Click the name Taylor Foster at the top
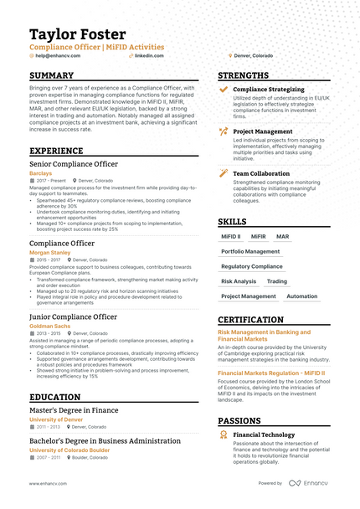(78, 34)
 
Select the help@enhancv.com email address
(54, 55)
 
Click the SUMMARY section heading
(52, 75)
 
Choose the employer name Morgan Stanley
(49, 252)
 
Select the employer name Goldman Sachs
(49, 325)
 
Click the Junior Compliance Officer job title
(74, 317)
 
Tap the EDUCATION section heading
(55, 397)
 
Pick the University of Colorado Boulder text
(69, 450)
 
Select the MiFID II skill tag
(230, 237)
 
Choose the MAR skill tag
(282, 237)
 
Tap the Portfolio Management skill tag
(250, 251)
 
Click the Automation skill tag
(301, 296)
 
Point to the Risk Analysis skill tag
(239, 281)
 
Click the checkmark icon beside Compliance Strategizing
(224, 89)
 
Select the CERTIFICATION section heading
(257, 320)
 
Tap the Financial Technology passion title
(265, 436)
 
